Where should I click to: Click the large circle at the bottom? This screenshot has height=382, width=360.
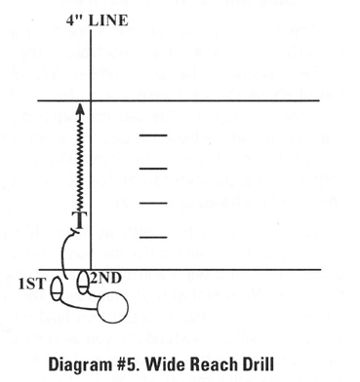[114, 307]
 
